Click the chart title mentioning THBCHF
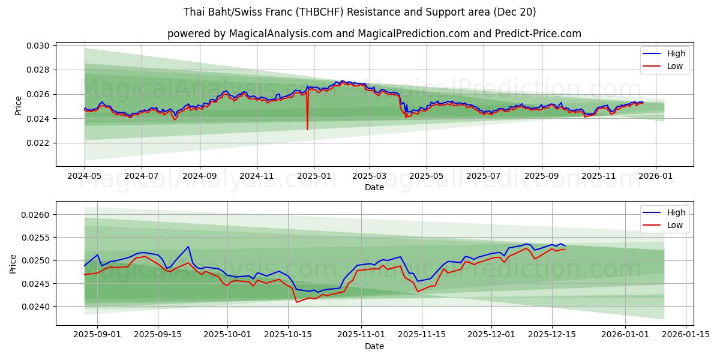tap(360, 12)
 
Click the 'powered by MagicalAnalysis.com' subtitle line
tap(374, 34)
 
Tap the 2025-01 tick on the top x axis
tap(314, 176)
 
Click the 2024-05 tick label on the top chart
tap(85, 176)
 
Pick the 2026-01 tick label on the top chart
tap(655, 176)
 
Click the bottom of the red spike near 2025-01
tap(307, 129)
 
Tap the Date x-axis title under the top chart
tap(374, 187)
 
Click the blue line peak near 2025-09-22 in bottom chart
tap(188, 247)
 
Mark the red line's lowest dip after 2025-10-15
tap(296, 302)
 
